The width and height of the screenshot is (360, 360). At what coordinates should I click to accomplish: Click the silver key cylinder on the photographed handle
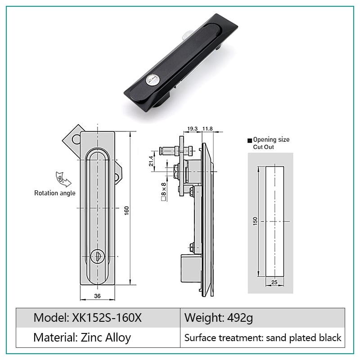tap(152, 80)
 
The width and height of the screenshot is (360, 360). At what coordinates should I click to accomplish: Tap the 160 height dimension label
tap(127, 211)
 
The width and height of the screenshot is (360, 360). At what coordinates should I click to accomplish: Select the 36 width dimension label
tap(97, 296)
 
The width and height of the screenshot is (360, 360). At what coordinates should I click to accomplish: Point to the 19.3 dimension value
tap(193, 129)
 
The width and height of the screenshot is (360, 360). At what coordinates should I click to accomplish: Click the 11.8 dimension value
tap(207, 129)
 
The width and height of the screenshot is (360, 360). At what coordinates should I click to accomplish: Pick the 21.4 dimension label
tap(151, 161)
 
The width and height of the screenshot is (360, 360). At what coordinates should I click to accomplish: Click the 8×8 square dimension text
tap(163, 192)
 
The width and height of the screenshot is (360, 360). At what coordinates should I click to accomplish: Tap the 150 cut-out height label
tap(255, 221)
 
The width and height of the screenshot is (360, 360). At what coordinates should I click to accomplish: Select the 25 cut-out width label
tap(274, 282)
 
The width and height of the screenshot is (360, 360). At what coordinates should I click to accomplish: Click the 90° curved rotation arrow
tap(63, 179)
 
